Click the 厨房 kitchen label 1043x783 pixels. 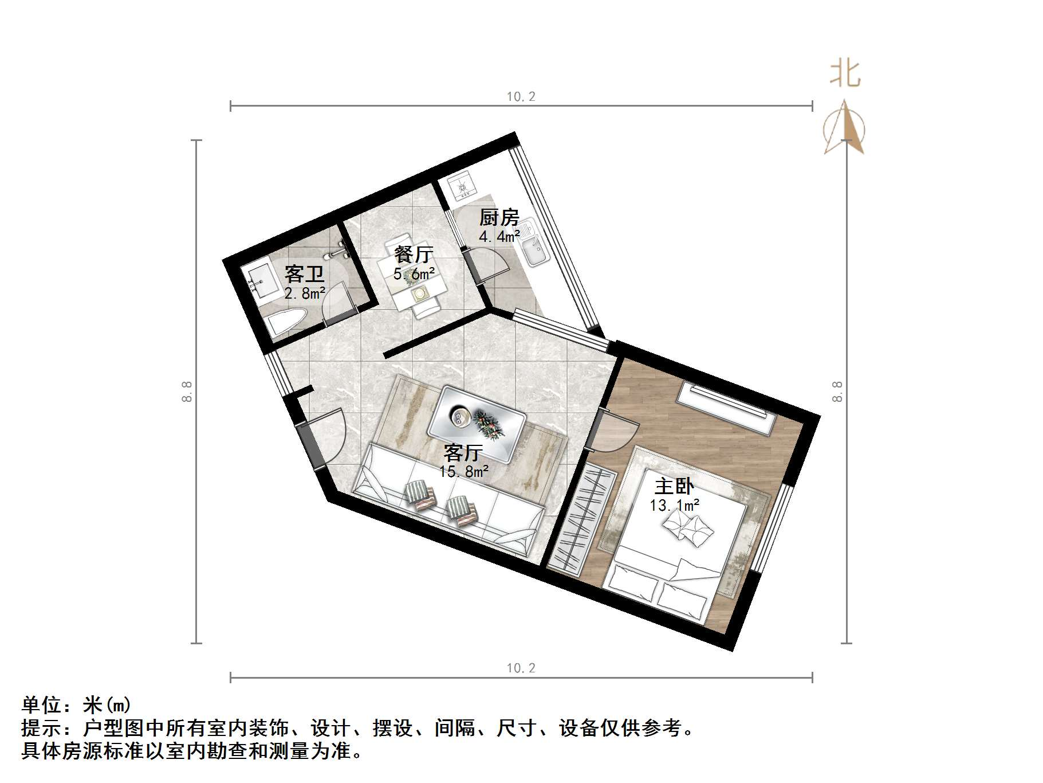(499, 218)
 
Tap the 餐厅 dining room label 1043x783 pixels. (414, 255)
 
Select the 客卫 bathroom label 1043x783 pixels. (304, 274)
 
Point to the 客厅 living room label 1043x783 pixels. (463, 453)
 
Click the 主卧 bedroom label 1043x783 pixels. (674, 487)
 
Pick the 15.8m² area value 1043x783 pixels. (464, 472)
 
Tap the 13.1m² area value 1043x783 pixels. (674, 506)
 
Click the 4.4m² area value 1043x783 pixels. (499, 236)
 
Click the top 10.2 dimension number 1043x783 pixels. (521, 96)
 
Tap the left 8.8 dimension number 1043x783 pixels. (187, 391)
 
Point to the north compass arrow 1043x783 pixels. (844, 128)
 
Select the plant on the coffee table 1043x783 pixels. (487, 423)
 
